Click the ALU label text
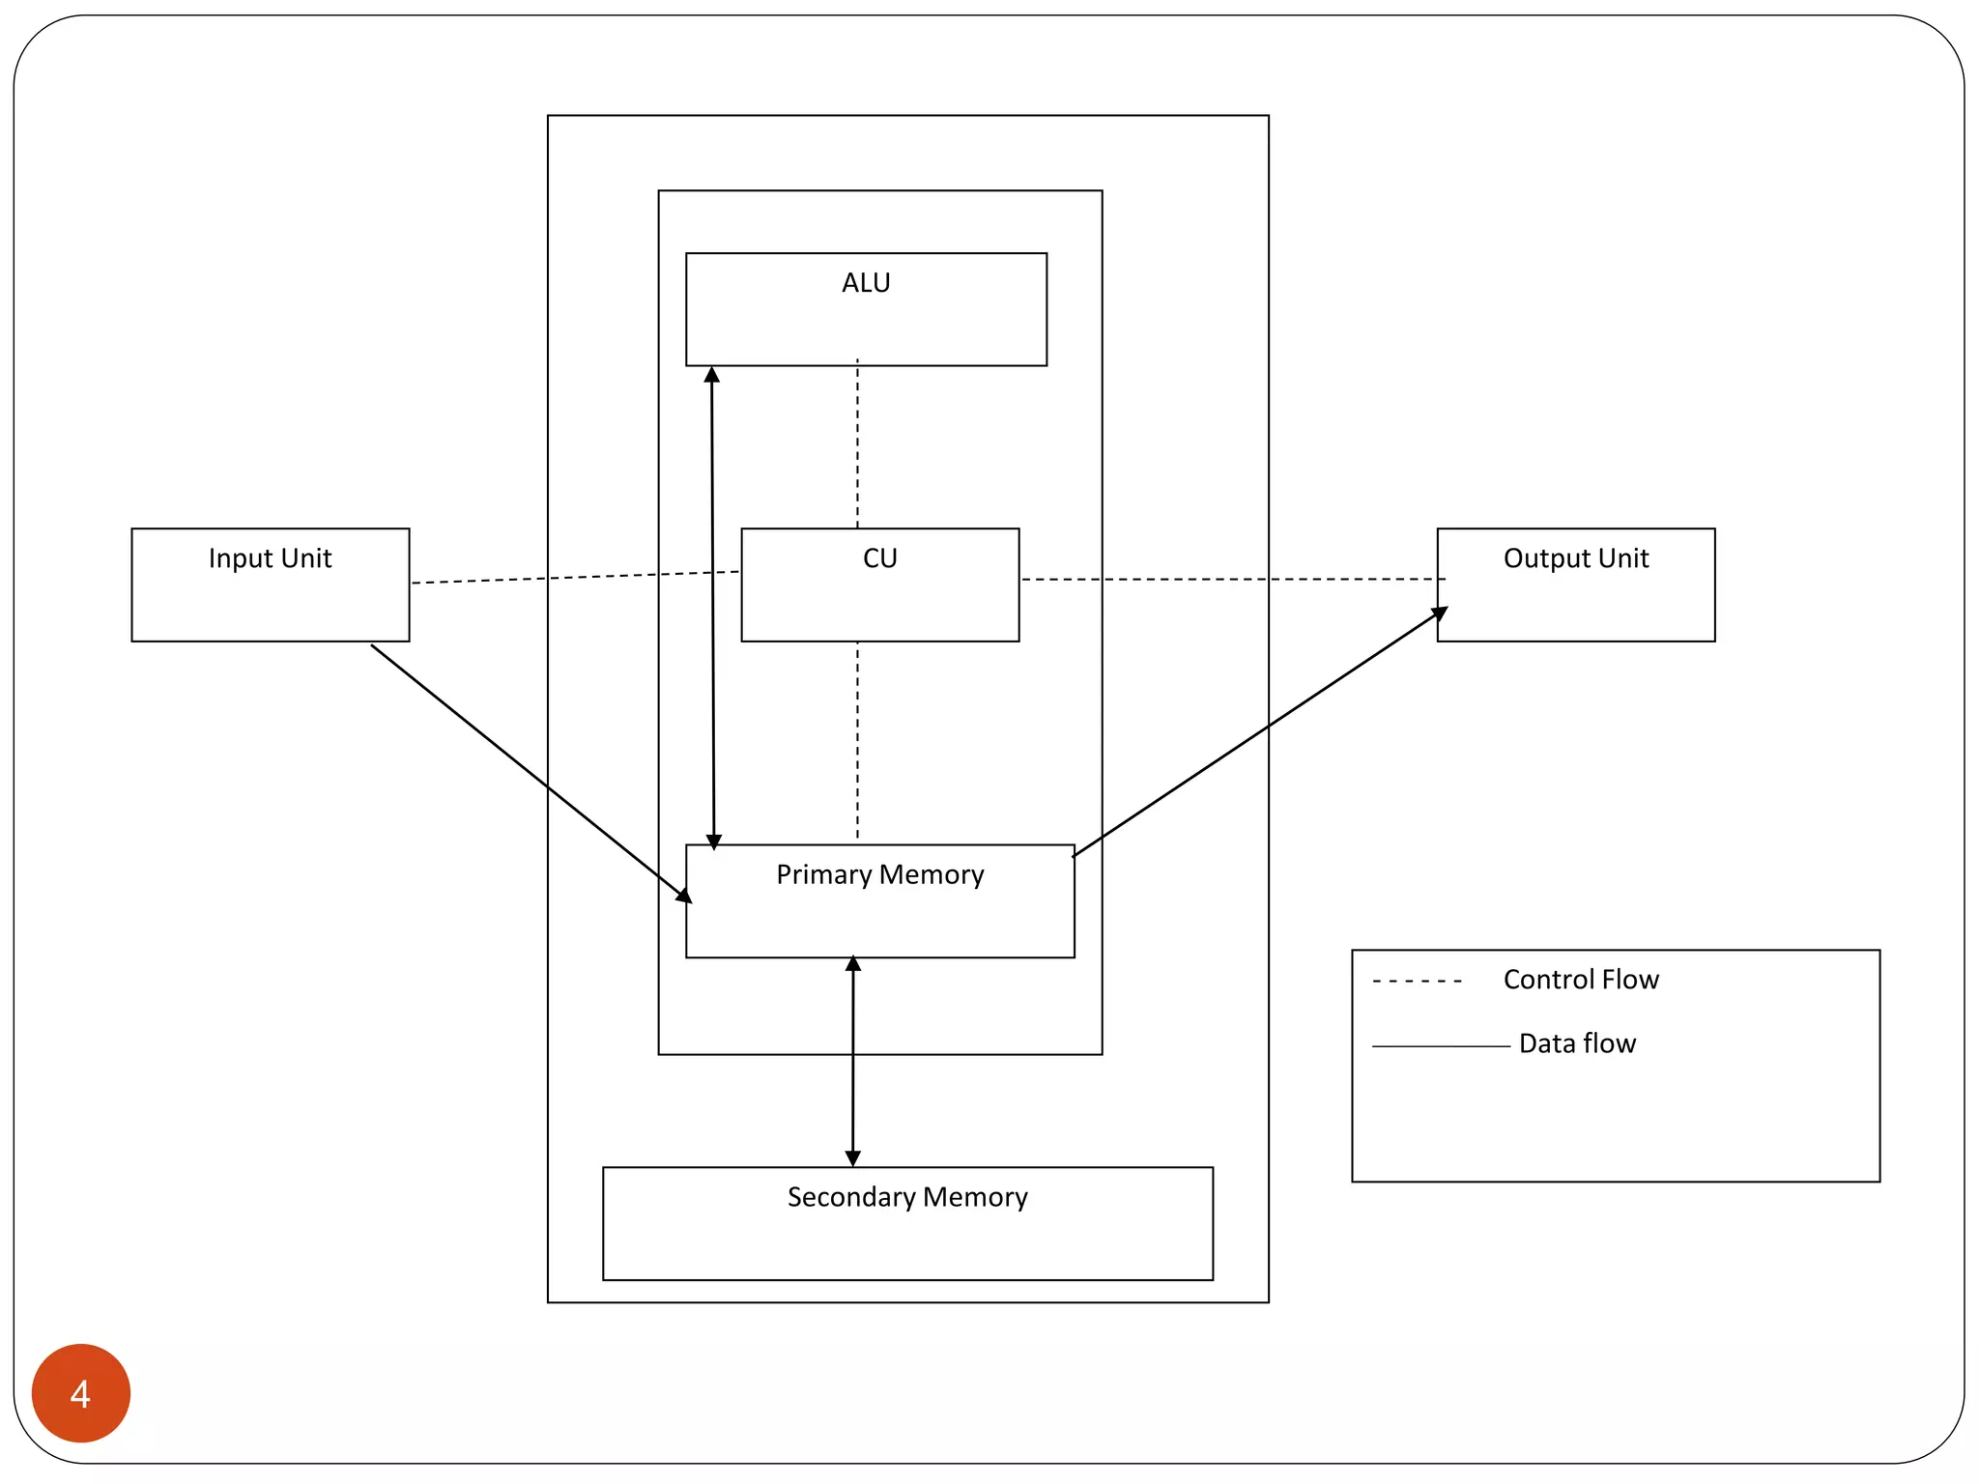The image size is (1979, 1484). tap(866, 283)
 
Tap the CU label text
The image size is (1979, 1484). tap(879, 558)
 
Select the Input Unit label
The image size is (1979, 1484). tap(270, 558)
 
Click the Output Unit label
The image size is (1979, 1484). tap(1575, 558)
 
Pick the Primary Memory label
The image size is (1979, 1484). tap(879, 874)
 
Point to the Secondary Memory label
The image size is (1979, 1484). tap(906, 1197)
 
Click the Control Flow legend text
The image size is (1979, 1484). tap(1580, 980)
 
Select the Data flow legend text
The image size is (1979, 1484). tap(1576, 1043)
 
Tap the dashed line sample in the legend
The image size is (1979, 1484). tap(1417, 982)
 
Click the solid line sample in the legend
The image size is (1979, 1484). tap(1440, 1046)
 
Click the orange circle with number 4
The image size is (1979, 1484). tap(81, 1392)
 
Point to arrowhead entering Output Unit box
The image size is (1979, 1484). tap(1440, 613)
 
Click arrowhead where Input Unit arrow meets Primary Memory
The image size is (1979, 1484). tap(684, 896)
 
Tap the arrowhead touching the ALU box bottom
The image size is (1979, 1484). tap(712, 375)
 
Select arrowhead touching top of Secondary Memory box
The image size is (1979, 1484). tap(852, 1158)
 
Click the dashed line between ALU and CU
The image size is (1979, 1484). tap(857, 444)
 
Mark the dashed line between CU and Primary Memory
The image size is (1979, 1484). tap(857, 739)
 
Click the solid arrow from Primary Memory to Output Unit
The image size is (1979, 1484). tap(1256, 734)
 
